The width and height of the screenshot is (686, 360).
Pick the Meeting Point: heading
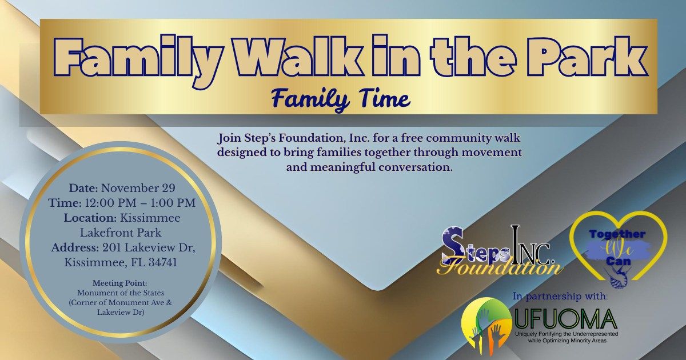pyautogui.click(x=119, y=283)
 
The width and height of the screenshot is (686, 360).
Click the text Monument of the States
pyautogui.click(x=119, y=293)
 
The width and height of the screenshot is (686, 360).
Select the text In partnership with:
pyautogui.click(x=560, y=296)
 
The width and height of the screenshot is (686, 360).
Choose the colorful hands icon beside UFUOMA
pyautogui.click(x=486, y=323)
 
